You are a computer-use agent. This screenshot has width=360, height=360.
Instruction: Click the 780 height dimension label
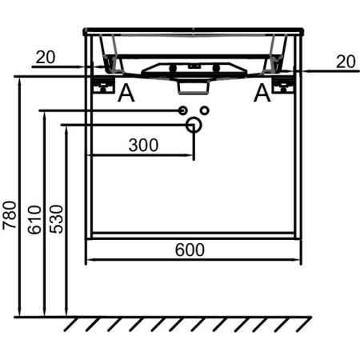coord(10,215)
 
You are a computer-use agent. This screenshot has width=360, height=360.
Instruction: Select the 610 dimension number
coord(34,220)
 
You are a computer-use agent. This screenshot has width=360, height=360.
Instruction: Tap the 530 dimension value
coord(57,219)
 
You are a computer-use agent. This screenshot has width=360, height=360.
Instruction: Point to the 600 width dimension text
coord(190,250)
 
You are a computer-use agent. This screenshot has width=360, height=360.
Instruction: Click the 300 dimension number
coord(143,146)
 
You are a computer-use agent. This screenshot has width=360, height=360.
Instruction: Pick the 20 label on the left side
coord(46,57)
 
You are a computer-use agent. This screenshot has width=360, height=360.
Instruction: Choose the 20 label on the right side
coord(346,62)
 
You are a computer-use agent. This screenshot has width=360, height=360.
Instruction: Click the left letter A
coord(126,93)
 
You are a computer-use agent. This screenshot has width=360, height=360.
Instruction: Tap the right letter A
coord(262,93)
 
